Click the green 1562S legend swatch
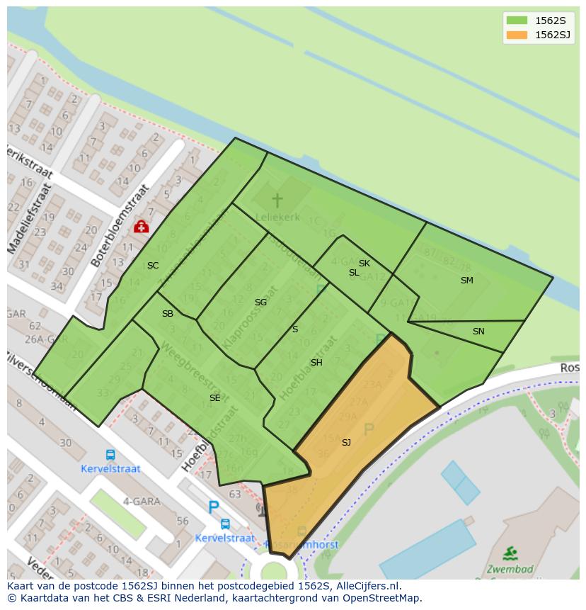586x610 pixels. pyautogui.click(x=517, y=21)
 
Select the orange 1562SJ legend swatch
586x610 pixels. pyautogui.click(x=517, y=35)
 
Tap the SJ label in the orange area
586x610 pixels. pyautogui.click(x=346, y=443)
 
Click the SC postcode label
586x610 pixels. pyautogui.click(x=153, y=266)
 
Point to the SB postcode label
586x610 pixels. pyautogui.click(x=168, y=314)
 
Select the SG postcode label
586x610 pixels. pyautogui.click(x=260, y=303)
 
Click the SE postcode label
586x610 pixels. pyautogui.click(x=214, y=398)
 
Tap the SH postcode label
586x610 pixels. pyautogui.click(x=316, y=363)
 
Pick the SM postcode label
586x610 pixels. pyautogui.click(x=466, y=281)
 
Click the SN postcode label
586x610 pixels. pyautogui.click(x=478, y=332)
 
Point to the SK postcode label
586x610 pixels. pyautogui.click(x=364, y=264)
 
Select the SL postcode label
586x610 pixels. pyautogui.click(x=354, y=273)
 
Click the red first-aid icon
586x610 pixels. pyautogui.click(x=141, y=227)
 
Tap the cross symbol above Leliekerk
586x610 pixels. pyautogui.click(x=277, y=200)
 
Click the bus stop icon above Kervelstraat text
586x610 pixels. pyautogui.click(x=110, y=456)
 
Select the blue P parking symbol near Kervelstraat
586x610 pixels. pyautogui.click(x=213, y=507)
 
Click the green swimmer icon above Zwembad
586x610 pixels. pyautogui.click(x=510, y=553)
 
